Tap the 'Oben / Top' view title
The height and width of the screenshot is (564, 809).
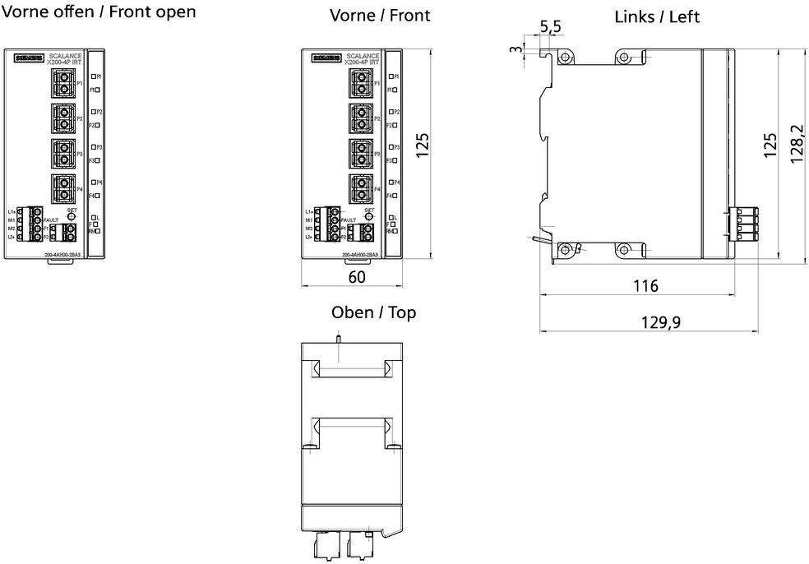coord(373,312)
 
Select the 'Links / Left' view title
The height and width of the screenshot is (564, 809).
coord(657,16)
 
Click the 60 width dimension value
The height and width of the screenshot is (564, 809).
coord(357,277)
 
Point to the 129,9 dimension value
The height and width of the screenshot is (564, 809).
coord(661,322)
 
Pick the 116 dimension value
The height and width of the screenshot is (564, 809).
coord(645,286)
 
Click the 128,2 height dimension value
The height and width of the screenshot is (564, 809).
coord(797,145)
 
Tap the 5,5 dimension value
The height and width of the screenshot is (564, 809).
coord(550,27)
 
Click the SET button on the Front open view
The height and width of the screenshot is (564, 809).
coord(72,216)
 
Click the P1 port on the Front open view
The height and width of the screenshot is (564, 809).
coord(62,82)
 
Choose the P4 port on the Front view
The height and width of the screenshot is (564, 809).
coord(359,188)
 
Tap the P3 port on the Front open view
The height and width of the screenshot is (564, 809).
coord(62,153)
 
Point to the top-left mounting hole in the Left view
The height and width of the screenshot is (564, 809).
coord(566,58)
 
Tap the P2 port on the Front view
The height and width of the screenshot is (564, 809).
coord(359,118)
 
